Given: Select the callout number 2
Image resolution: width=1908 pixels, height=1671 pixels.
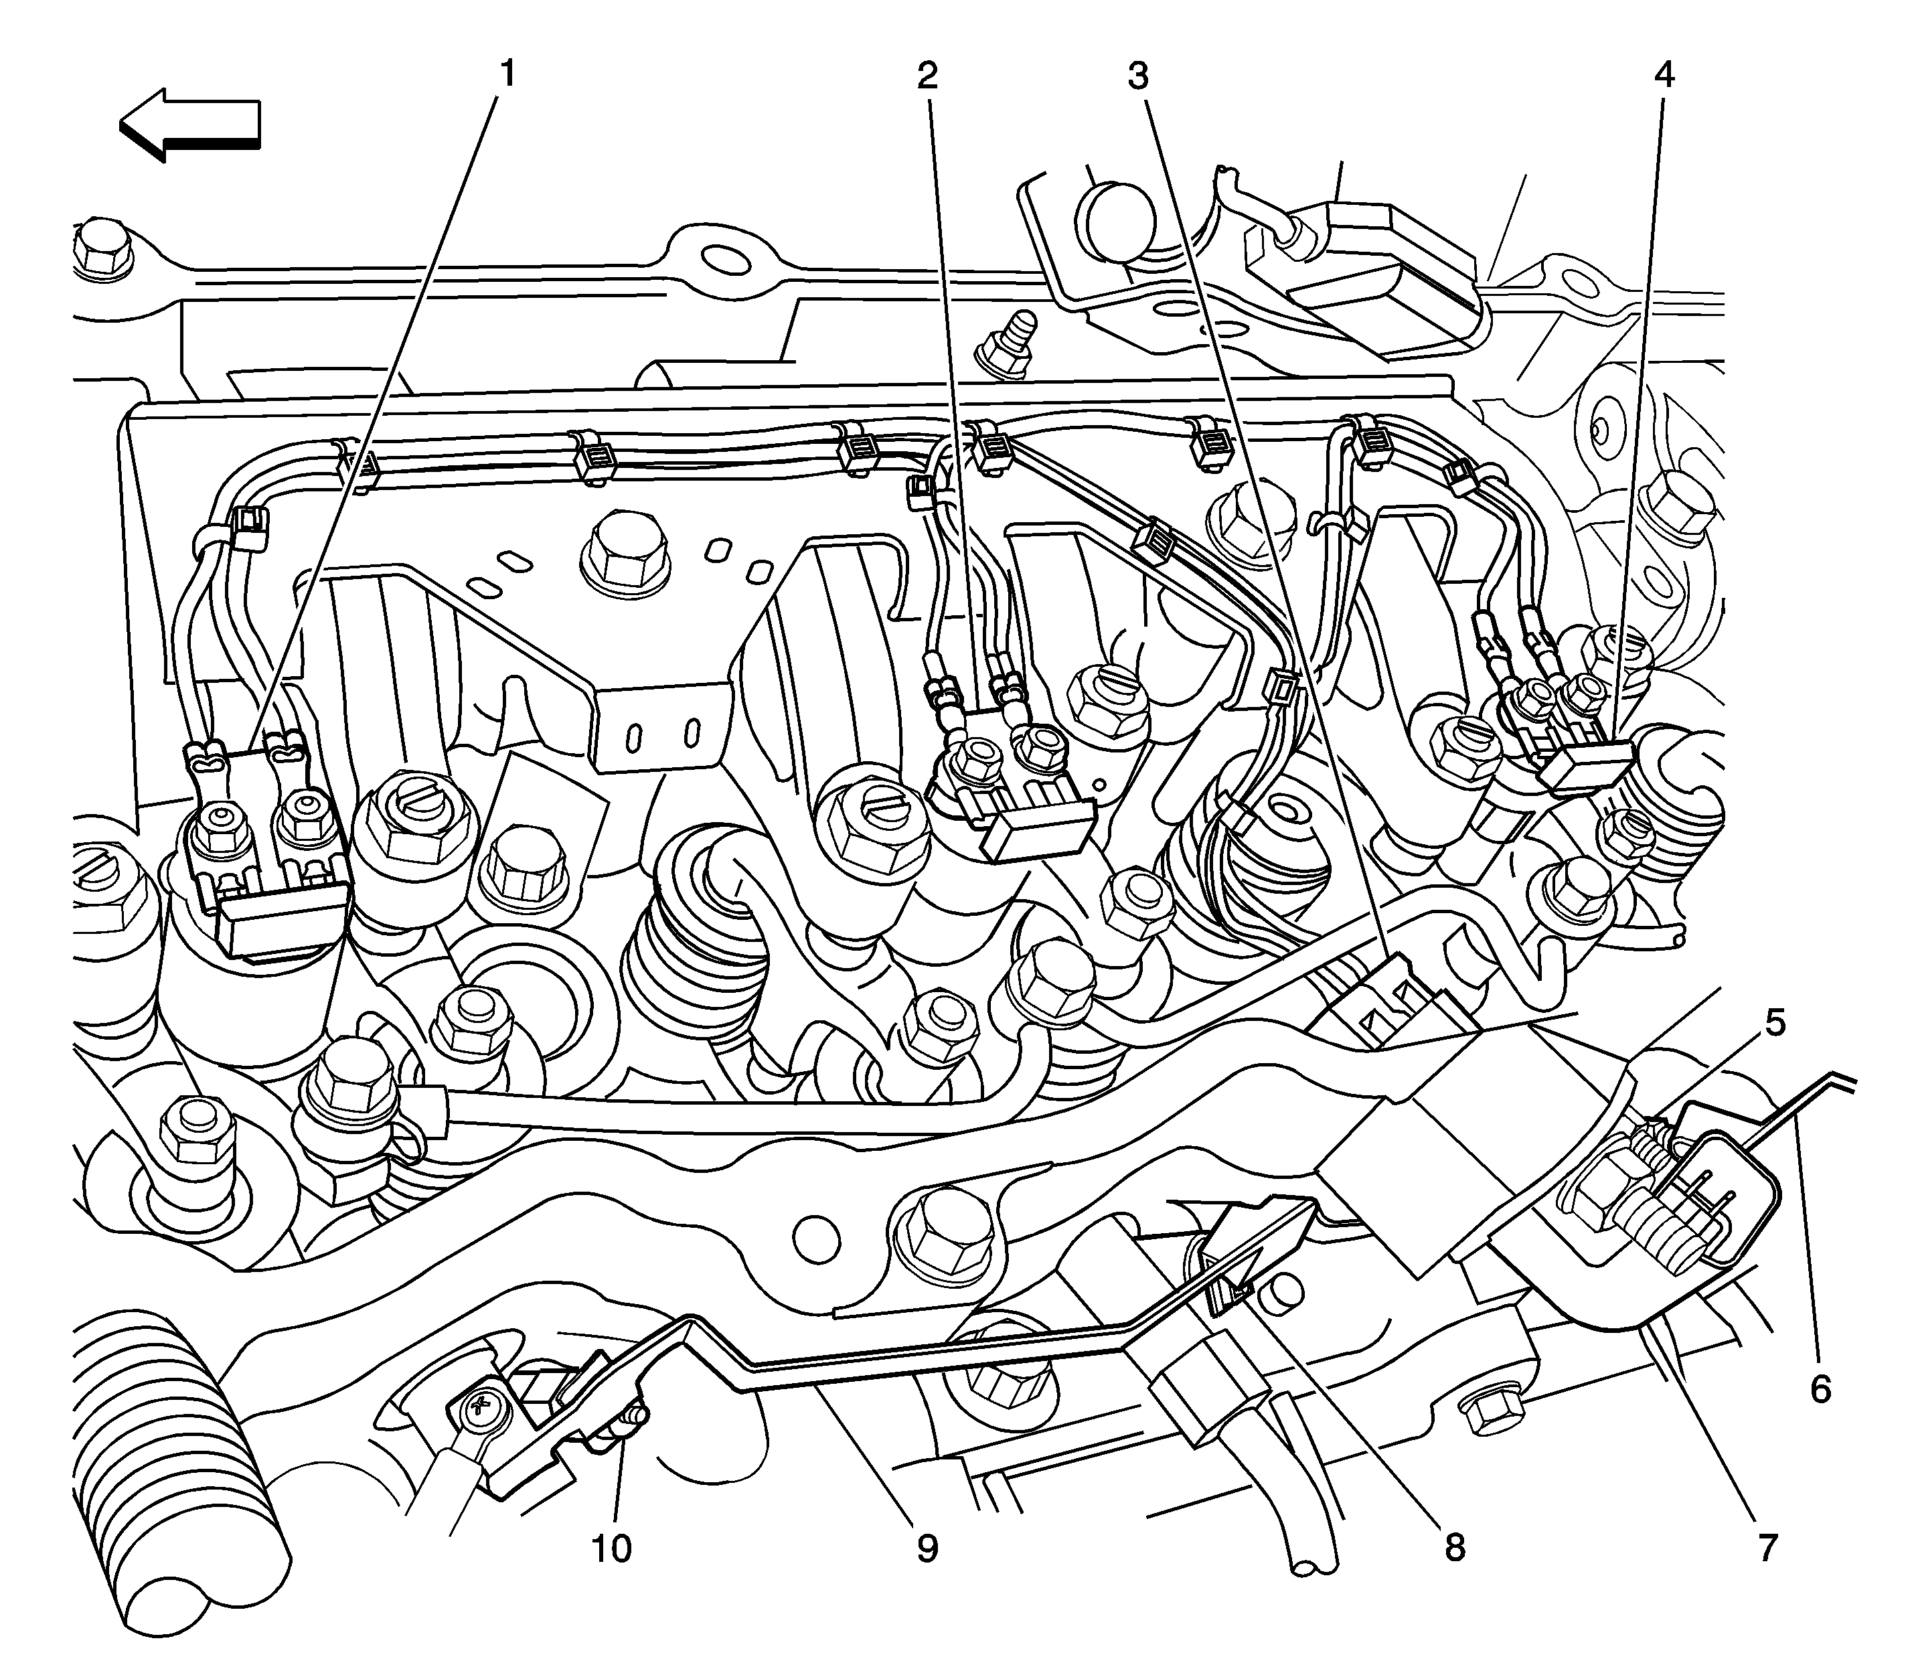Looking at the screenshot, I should coord(926,74).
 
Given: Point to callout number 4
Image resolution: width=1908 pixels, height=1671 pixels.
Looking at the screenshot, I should coord(1664,74).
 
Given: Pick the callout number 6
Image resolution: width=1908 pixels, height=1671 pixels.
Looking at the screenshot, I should coord(1820,1388).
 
